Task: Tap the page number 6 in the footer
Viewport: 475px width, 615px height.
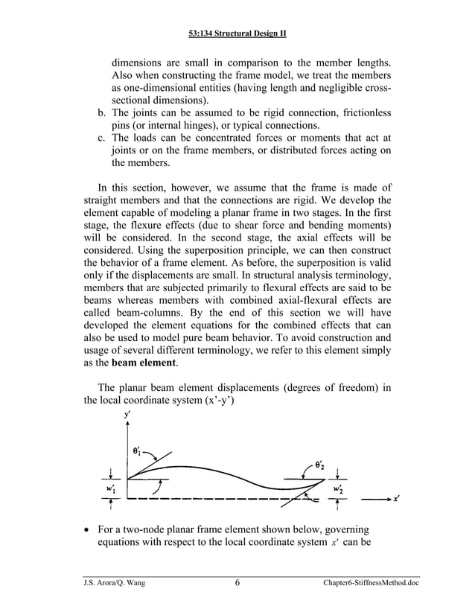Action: click(236, 582)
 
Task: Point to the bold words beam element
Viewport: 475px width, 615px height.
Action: click(141, 363)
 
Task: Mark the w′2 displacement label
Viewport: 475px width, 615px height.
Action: click(339, 488)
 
